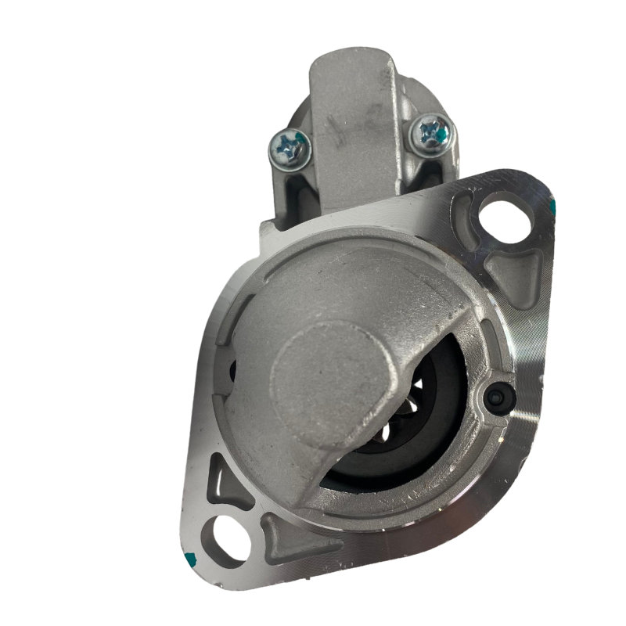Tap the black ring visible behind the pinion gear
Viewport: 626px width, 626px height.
coord(438,438)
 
